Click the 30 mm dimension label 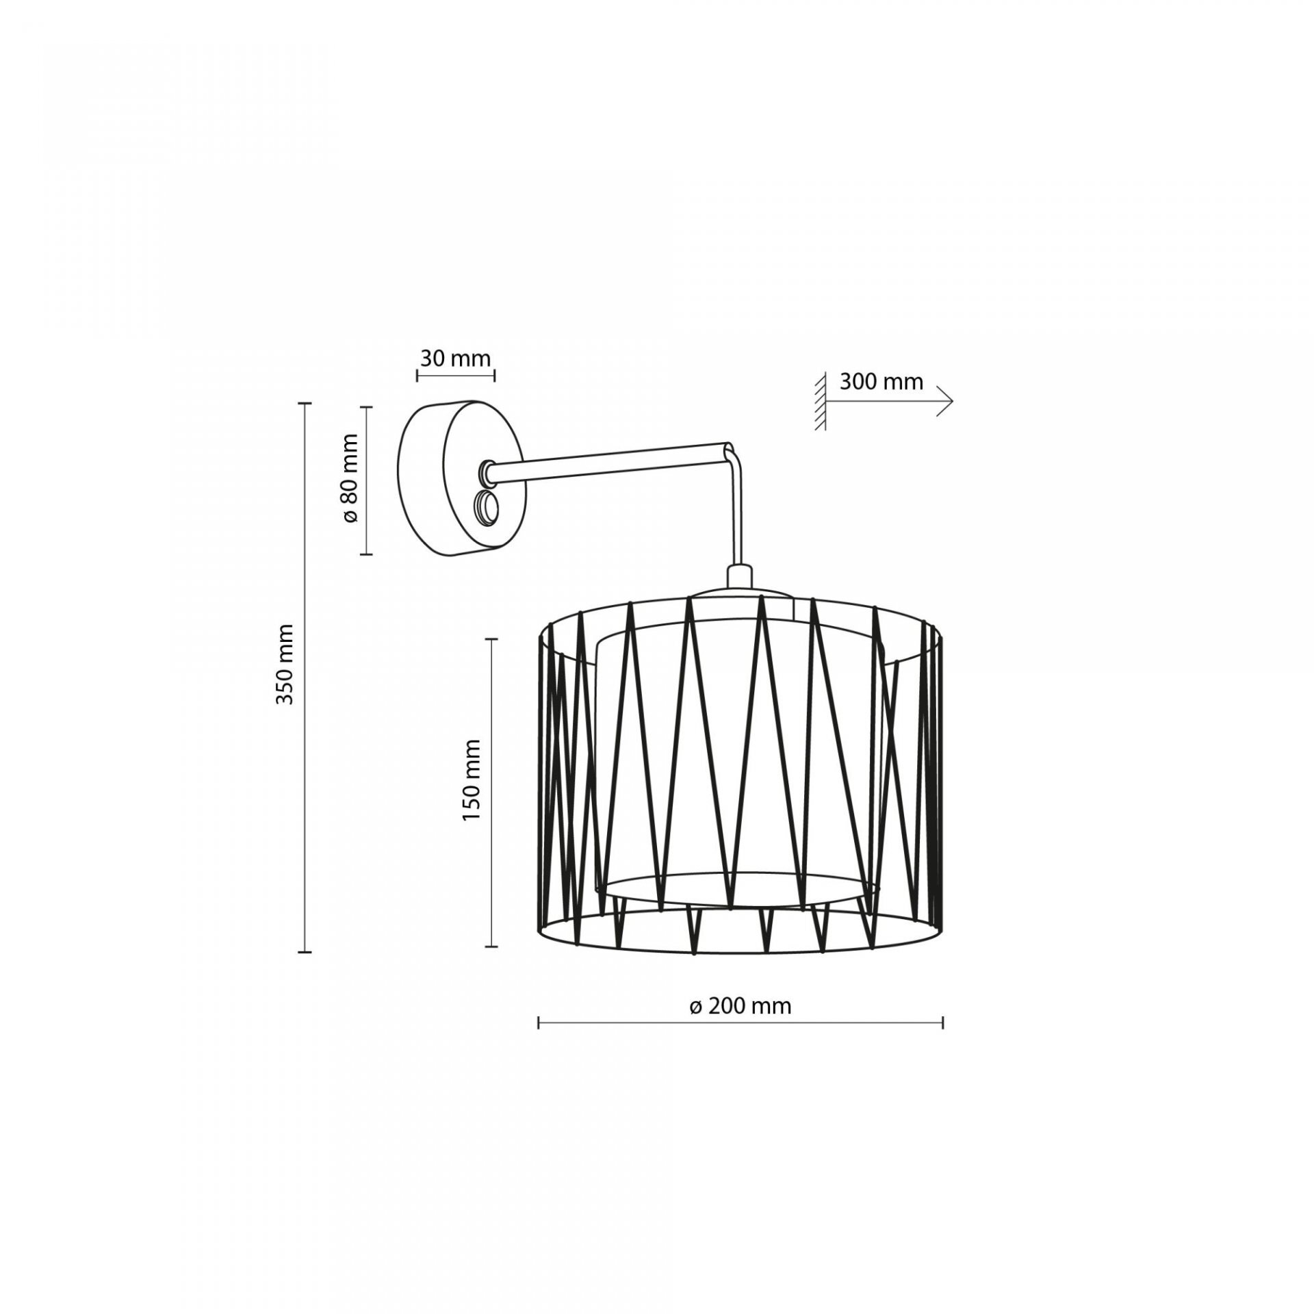[455, 358]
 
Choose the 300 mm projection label [881, 381]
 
